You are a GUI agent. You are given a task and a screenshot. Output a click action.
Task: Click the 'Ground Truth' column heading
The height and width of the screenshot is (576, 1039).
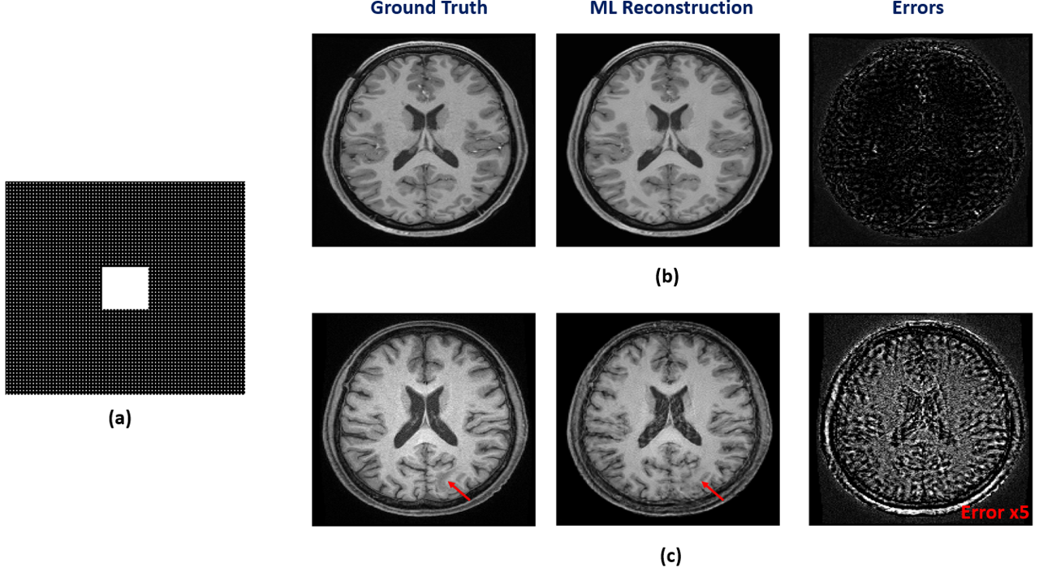429,9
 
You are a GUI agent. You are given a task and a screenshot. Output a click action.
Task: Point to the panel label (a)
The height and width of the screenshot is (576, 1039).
119,419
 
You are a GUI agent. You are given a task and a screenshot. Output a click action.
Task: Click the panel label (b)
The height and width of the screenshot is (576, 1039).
667,277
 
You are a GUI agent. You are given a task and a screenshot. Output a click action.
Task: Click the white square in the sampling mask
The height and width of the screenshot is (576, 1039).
125,288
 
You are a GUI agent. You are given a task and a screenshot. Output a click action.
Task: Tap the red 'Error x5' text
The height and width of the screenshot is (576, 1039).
995,513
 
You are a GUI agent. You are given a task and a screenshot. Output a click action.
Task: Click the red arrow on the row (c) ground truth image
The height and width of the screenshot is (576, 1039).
459,490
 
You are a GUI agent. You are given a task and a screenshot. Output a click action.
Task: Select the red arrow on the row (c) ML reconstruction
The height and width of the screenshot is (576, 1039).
714,490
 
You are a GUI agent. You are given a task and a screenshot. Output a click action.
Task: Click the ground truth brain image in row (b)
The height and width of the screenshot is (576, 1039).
424,140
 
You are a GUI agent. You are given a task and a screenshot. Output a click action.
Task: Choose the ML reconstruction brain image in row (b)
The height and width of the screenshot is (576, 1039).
667,140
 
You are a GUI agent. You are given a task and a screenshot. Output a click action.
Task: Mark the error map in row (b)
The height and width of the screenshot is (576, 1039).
920,140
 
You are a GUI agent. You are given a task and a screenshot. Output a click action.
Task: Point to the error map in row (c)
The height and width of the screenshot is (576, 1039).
920,419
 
